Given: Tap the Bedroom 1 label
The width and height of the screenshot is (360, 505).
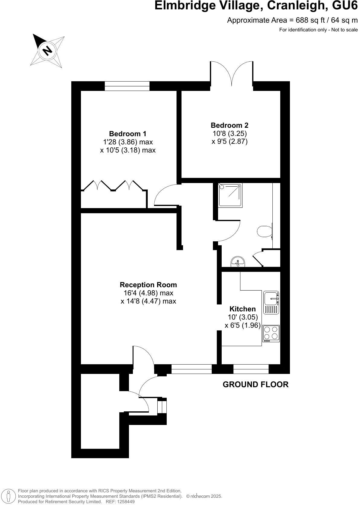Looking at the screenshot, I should pyautogui.click(x=128, y=133).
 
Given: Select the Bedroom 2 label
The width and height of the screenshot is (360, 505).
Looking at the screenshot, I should pyautogui.click(x=230, y=125).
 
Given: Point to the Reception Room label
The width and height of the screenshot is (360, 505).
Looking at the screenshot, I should pyautogui.click(x=148, y=285).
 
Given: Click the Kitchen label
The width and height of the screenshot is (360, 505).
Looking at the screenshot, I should pyautogui.click(x=243, y=309).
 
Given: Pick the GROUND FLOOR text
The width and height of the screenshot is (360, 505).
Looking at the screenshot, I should pyautogui.click(x=256, y=384).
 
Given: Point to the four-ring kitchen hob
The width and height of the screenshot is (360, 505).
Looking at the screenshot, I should pyautogui.click(x=271, y=333).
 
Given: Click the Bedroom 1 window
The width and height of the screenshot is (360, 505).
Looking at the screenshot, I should pyautogui.click(x=127, y=86).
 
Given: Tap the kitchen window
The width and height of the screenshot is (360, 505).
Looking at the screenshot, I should pyautogui.click(x=251, y=369).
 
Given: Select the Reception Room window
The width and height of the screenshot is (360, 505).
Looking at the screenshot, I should pyautogui.click(x=191, y=369).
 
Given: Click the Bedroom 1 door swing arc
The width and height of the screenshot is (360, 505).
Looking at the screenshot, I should pyautogui.click(x=166, y=195).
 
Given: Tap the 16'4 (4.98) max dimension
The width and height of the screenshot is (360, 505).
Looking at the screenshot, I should pyautogui.click(x=148, y=293).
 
